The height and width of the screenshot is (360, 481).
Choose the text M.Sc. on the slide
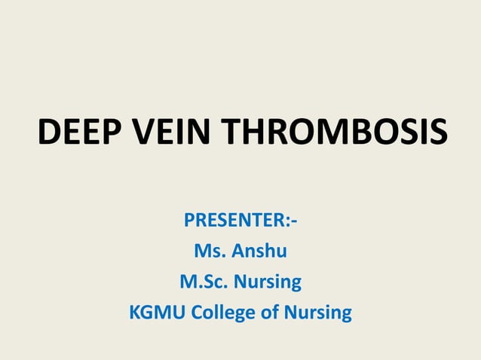[x=204, y=282]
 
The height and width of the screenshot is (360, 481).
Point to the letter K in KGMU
[x=136, y=312]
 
